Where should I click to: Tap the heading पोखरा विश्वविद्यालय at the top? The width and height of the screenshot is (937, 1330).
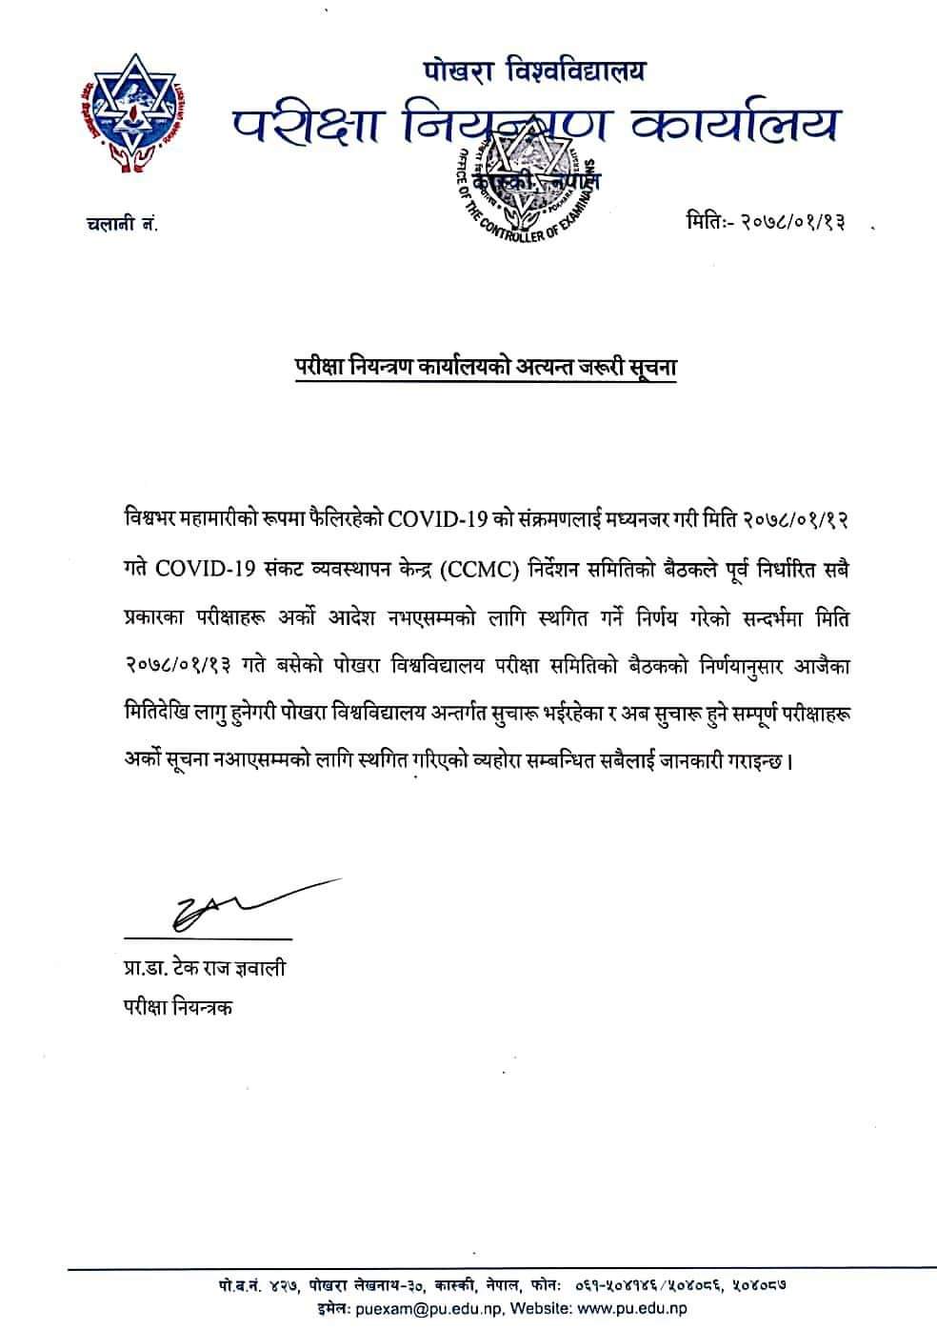tap(535, 70)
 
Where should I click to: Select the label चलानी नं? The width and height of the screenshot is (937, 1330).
tap(118, 224)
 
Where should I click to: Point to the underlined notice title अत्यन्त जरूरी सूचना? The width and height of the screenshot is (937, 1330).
tap(568, 367)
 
